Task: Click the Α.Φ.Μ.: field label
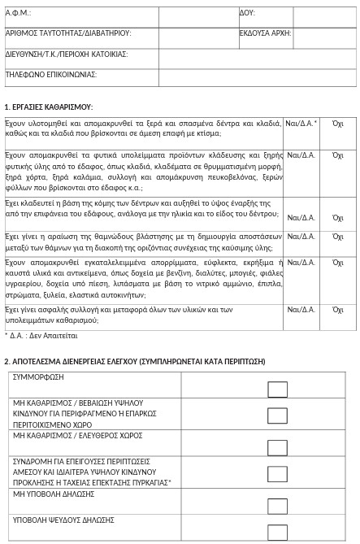point(18,13)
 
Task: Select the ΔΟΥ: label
point(247,13)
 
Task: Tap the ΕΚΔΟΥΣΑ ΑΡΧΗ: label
point(265,33)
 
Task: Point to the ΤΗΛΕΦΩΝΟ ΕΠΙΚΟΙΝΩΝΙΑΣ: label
point(51,74)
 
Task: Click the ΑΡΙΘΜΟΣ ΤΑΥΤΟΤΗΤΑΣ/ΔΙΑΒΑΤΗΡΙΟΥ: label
point(68,33)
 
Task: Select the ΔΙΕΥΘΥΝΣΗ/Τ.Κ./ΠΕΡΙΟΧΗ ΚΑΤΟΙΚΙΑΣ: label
point(67,54)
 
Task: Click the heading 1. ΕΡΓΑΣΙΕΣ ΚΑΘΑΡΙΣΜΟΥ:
point(49,107)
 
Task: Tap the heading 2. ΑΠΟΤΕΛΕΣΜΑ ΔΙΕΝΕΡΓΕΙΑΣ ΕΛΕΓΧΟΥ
point(134,361)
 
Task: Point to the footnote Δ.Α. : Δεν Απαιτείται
point(41,335)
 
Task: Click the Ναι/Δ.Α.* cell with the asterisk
point(301,124)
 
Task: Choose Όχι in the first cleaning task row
point(338,124)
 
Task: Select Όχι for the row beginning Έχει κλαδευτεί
point(338,218)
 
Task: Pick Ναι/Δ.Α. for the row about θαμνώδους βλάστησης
point(301,237)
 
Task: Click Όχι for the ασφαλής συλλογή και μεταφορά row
point(338,310)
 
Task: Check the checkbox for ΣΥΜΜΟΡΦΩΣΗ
point(278,390)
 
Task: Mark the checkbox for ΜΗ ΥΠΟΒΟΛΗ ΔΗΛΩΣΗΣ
point(278,503)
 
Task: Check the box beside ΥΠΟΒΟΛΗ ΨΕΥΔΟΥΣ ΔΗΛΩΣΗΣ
point(278,532)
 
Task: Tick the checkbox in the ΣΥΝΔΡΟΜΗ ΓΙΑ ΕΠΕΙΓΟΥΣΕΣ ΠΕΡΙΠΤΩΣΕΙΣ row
point(278,474)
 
